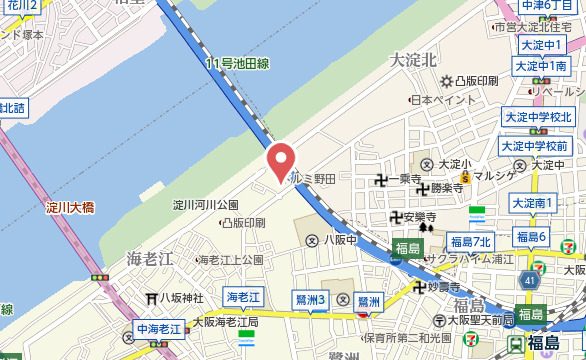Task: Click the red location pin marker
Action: tap(282, 162)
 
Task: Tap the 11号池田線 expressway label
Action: tap(238, 64)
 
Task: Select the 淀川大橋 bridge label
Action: tap(71, 209)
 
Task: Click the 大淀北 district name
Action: tap(414, 60)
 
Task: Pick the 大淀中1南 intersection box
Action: tap(538, 66)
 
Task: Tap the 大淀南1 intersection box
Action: tap(533, 203)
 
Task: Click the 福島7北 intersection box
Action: tap(470, 242)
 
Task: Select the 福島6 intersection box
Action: tap(530, 237)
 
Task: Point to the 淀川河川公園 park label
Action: tap(206, 205)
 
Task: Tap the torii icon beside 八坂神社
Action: tap(153, 298)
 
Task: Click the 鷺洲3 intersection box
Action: tap(311, 298)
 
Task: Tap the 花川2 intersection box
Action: tap(20, 6)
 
